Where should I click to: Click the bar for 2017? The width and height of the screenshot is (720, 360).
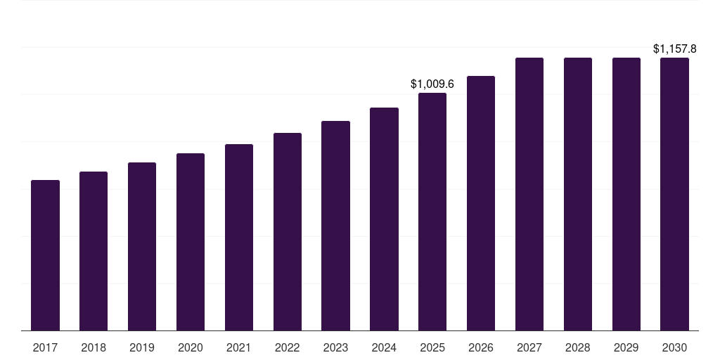tap(45, 255)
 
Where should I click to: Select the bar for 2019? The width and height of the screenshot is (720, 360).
tap(142, 247)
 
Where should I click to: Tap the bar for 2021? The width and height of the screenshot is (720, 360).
tap(239, 238)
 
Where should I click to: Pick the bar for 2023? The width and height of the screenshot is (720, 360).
tap(335, 226)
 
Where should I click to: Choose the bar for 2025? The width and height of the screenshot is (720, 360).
tap(432, 212)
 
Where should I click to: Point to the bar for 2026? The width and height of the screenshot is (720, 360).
tap(481, 203)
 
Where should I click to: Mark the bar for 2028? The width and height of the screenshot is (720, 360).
tap(578, 194)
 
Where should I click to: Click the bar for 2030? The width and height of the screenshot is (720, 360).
tap(674, 194)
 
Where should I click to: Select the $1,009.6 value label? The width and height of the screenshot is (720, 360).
tap(432, 84)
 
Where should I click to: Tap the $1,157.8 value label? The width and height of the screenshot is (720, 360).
tap(674, 49)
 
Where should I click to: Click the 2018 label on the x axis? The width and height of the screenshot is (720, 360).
tap(94, 348)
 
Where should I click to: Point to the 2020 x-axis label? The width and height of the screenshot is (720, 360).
tap(191, 348)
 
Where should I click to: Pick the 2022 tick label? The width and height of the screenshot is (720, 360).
tap(288, 348)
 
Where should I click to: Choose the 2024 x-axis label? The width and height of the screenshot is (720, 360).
tap(384, 348)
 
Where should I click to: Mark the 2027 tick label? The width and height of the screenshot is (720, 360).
tap(529, 348)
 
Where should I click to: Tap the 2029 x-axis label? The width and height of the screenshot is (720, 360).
tap(626, 348)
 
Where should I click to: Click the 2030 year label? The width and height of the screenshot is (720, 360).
tap(674, 348)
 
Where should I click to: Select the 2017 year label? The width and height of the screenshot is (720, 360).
tap(45, 348)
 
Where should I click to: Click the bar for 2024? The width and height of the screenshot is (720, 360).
tap(384, 219)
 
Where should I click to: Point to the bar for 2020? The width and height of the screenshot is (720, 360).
tap(191, 242)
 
